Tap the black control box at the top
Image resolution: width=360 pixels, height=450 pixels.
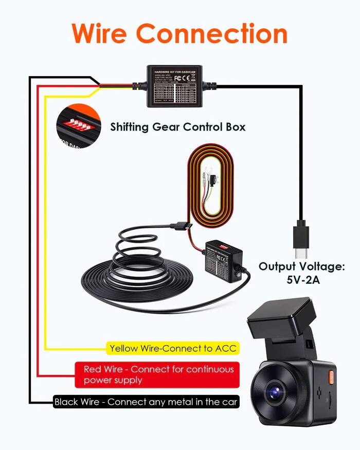174,86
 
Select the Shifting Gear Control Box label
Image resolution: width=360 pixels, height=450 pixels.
177,127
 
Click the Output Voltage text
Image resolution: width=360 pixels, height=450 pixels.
301,266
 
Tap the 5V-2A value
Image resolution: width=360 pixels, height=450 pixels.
301,281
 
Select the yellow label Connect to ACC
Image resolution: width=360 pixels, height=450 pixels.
173,348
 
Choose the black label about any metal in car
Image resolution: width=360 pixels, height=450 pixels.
146,402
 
